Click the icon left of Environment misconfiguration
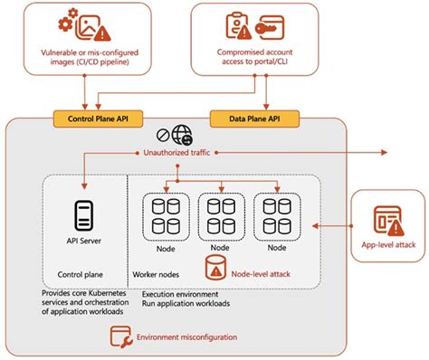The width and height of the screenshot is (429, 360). coord(119,337)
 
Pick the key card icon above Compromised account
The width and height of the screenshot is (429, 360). coord(270,28)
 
